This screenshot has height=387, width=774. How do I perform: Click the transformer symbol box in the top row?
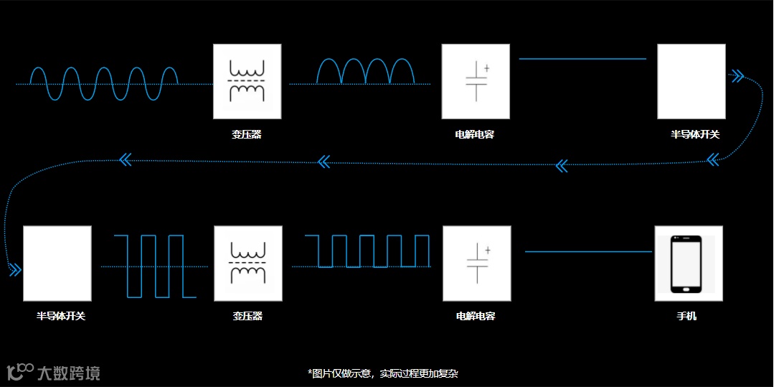click(x=247, y=81)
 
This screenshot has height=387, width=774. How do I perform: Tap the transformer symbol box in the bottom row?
click(x=247, y=263)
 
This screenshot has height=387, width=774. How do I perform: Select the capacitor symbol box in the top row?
click(x=476, y=81)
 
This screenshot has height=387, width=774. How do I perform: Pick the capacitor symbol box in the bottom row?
click(x=476, y=263)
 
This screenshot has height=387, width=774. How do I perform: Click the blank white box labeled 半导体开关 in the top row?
click(x=691, y=81)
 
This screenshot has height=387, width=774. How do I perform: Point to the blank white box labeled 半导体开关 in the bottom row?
click(x=57, y=263)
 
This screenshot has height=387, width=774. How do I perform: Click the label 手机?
click(x=686, y=316)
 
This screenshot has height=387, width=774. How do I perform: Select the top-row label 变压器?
click(x=247, y=134)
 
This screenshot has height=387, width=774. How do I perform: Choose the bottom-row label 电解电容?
click(x=476, y=316)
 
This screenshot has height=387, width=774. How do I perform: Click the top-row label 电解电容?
click(x=475, y=134)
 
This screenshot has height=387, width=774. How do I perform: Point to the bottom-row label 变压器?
click(x=247, y=316)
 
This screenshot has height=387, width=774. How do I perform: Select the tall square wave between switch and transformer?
click(x=154, y=266)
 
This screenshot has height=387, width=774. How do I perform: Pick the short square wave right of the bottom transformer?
click(x=367, y=251)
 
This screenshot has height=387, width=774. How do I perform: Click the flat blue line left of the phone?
click(x=588, y=251)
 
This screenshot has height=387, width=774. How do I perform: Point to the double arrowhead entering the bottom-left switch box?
click(x=14, y=270)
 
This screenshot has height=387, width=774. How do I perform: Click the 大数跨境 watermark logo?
click(x=54, y=372)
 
